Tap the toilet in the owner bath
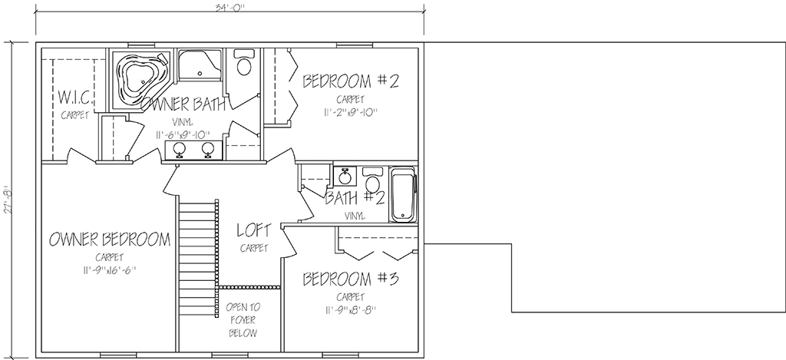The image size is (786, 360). (x=244, y=63)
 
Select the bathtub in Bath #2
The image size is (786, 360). (x=403, y=194)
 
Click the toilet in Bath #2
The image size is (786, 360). (x=372, y=179)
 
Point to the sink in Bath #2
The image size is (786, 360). (x=345, y=176)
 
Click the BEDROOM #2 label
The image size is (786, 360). (x=350, y=81)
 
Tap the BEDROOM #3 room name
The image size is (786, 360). (x=350, y=279)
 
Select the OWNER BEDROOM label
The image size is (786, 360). (x=110, y=239)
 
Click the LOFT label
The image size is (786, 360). (x=254, y=230)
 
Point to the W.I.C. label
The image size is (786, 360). (x=74, y=96)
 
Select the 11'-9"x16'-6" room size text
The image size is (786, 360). (x=110, y=271)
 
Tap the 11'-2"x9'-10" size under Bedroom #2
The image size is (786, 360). (x=350, y=112)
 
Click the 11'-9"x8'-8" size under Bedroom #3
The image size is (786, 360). (x=350, y=310)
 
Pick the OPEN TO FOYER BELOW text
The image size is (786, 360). (x=243, y=320)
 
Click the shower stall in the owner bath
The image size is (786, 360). (x=200, y=64)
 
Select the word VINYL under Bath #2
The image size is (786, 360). (x=355, y=216)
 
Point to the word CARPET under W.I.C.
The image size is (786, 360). (x=74, y=115)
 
